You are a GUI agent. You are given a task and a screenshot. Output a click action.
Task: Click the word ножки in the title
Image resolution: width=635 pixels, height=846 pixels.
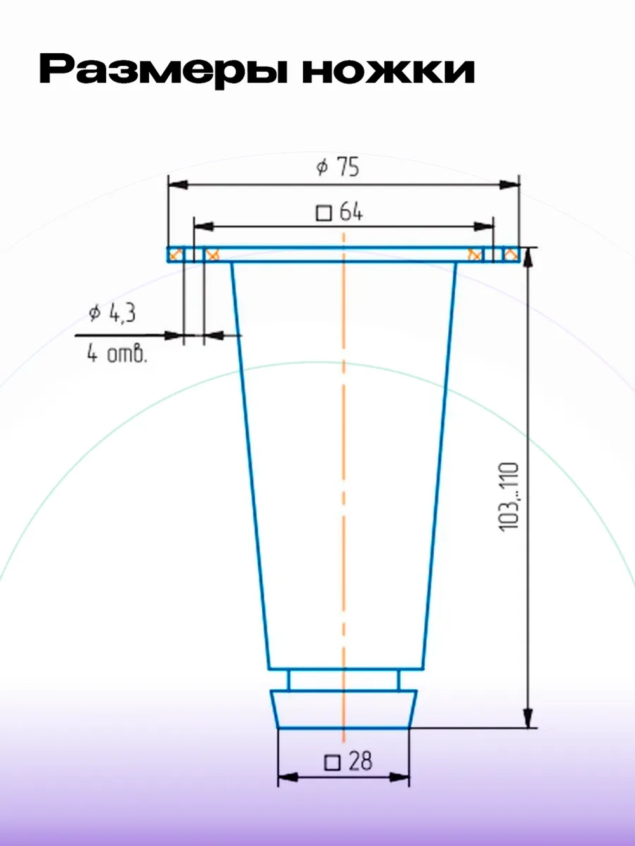pos(389,70)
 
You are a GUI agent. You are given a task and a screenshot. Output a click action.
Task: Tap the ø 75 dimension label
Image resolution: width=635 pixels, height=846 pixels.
pos(338,167)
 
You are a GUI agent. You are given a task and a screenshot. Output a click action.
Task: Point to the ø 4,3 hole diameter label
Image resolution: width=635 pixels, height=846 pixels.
pos(112,312)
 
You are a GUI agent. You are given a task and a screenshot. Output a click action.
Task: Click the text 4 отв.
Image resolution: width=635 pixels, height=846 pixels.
pos(117,354)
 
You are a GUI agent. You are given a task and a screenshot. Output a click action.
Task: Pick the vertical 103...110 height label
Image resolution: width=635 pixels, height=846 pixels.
pos(509,497)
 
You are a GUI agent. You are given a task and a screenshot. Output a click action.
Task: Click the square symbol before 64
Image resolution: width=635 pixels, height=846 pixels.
pos(324,213)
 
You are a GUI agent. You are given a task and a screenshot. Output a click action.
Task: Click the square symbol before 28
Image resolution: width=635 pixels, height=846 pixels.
pos(332,762)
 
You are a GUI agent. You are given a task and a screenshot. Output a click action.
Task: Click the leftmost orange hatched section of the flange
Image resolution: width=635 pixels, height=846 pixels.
pos(177,255)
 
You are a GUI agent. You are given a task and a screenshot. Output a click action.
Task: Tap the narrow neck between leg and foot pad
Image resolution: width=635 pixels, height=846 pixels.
pos(344,680)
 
